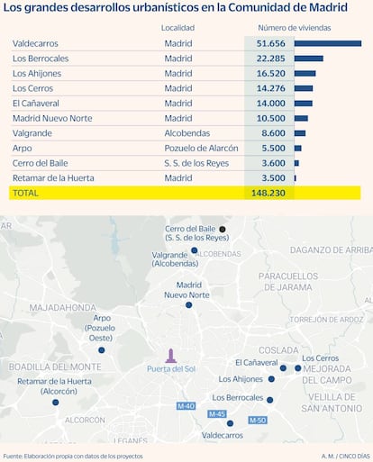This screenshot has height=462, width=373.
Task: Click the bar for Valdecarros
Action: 328,43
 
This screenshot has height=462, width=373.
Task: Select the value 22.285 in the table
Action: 270,59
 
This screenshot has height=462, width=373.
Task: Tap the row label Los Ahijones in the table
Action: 37,74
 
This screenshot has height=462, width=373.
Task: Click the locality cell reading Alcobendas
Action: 187,133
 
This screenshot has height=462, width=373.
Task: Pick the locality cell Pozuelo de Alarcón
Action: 201,149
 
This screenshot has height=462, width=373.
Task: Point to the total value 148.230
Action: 268,193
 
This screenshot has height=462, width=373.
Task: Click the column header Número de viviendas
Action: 295,28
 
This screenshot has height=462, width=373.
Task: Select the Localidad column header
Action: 177,28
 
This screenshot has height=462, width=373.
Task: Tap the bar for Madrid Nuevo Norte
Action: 301,118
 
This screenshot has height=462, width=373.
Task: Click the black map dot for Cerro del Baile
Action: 223,230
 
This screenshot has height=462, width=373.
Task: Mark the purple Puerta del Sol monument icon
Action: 171,356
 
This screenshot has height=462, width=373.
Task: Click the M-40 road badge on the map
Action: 186,406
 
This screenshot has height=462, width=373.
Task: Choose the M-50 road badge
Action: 258,421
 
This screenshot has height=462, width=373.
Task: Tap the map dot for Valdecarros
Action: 230,423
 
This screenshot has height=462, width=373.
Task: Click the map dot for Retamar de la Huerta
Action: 56,403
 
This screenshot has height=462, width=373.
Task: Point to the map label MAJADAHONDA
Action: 63,308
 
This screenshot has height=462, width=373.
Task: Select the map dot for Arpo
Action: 102,350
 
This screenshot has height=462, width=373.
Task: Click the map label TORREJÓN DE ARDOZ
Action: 326,320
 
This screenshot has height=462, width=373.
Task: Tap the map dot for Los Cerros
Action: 297,368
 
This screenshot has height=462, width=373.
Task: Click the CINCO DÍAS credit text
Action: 354,457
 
